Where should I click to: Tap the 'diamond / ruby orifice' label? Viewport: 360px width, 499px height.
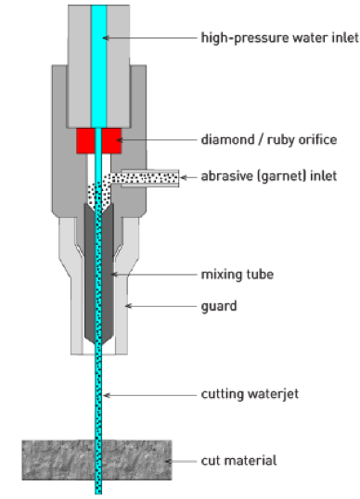[268, 140]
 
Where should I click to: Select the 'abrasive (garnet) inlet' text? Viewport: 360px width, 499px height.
[268, 176]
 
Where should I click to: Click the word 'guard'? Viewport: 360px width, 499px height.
[218, 304]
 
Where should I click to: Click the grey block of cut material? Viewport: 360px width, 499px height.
[56, 461]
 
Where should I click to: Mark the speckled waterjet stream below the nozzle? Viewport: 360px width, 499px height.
[99, 399]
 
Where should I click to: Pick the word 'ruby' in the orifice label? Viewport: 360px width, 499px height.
[279, 140]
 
